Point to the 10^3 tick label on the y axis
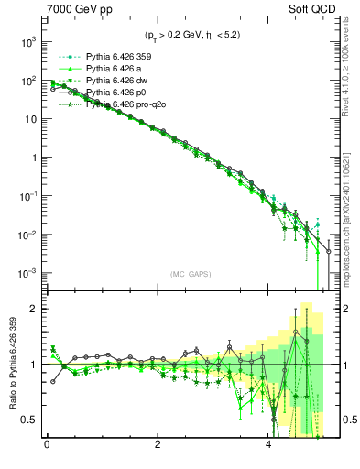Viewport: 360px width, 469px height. tap(27, 42)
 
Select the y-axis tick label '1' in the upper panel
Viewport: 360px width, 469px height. tap(34, 158)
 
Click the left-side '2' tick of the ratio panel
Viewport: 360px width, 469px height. tap(34, 309)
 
